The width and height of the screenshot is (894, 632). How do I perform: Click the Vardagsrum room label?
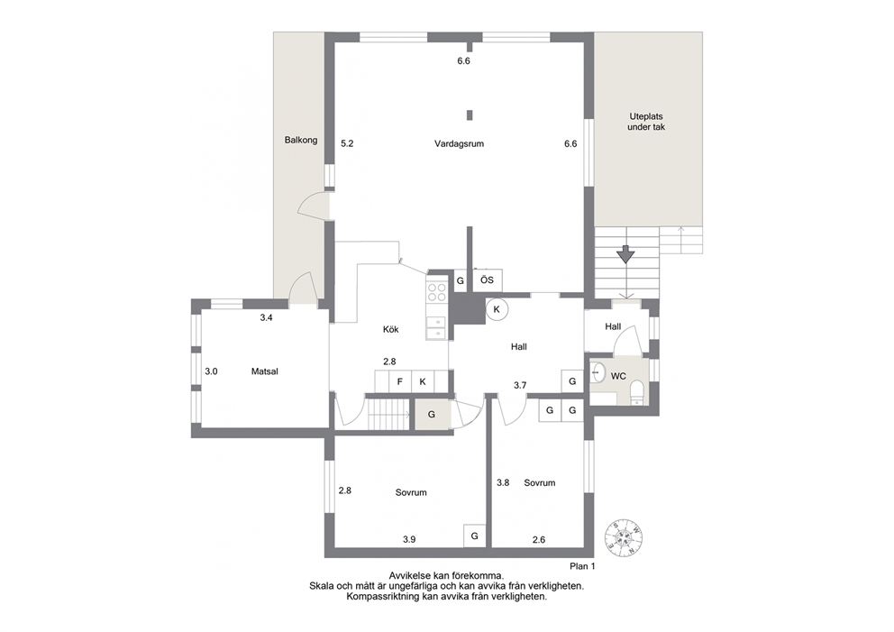[x=459, y=143]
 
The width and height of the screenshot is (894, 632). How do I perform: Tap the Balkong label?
[x=300, y=140]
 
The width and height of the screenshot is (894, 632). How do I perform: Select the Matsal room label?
[x=265, y=371]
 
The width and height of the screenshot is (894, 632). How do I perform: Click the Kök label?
[x=390, y=329]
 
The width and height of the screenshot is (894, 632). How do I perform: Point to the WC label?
[x=618, y=376]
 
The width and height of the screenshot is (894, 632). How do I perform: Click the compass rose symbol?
[x=624, y=537]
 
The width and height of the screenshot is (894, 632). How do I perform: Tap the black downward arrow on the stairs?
[x=625, y=254]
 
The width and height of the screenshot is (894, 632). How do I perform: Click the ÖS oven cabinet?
[x=487, y=280]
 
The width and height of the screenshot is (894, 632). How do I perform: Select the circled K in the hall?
[x=497, y=309]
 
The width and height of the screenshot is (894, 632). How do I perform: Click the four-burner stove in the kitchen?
[x=437, y=293]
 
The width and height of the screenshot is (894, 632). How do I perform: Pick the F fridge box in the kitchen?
[x=399, y=381]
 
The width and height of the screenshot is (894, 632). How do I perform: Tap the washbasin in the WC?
[x=597, y=372]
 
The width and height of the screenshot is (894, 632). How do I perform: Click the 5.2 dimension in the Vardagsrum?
[x=347, y=143]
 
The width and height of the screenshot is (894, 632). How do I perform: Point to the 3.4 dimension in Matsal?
[x=266, y=317]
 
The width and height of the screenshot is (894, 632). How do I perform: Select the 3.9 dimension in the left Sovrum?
[x=409, y=539]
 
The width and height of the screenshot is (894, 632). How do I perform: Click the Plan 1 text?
[x=582, y=566]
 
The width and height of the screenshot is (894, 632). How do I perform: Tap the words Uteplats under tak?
[x=646, y=122]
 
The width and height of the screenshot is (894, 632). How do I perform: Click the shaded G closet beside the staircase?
[x=432, y=415]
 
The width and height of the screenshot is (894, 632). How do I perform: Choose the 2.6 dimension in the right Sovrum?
[x=539, y=539]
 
